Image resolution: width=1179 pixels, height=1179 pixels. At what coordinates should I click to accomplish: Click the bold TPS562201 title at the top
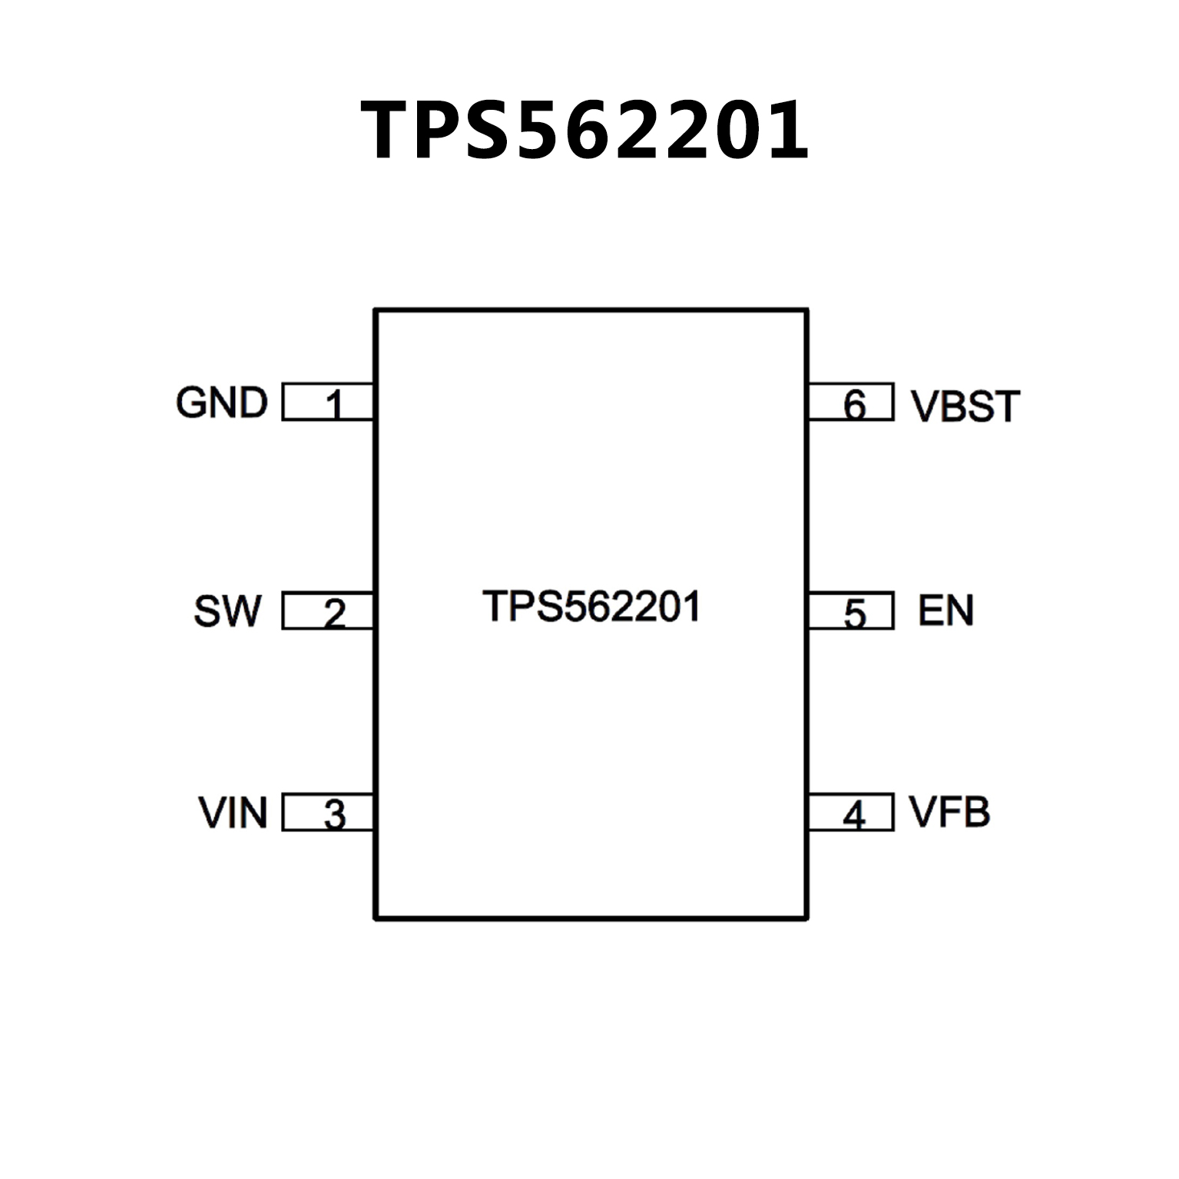click(585, 131)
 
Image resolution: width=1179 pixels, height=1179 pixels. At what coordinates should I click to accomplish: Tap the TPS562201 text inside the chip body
click(591, 607)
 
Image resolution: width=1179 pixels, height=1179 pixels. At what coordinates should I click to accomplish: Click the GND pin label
click(221, 402)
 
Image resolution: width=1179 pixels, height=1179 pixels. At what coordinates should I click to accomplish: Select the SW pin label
click(227, 611)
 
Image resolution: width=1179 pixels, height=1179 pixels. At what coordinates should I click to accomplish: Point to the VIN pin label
click(233, 813)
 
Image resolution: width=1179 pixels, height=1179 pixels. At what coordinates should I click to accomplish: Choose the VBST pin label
click(965, 406)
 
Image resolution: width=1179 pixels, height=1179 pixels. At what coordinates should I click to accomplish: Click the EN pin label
click(946, 611)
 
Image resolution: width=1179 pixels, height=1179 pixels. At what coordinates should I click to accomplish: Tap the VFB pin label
click(949, 812)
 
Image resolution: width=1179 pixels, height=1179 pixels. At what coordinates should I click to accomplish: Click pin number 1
click(334, 404)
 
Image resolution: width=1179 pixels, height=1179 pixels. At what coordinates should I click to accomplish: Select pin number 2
click(334, 614)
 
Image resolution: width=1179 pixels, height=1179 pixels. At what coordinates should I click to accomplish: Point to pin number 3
click(334, 815)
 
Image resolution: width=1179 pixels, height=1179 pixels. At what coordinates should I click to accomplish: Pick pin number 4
click(854, 815)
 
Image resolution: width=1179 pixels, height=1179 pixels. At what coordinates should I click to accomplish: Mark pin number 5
click(854, 614)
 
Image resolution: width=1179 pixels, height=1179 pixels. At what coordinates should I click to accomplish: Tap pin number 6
click(854, 404)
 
